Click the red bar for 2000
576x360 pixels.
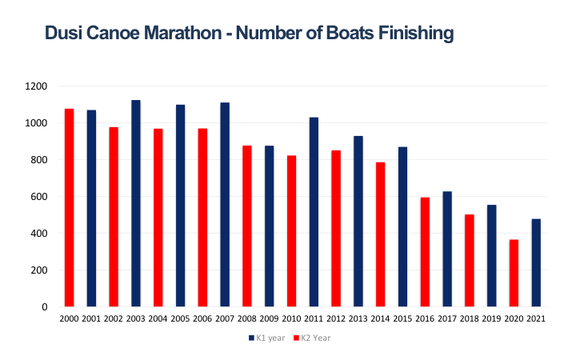(69, 207)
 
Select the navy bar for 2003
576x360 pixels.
(136, 203)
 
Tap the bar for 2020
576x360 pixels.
(514, 273)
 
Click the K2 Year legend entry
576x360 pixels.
(311, 338)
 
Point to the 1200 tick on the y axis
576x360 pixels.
(38, 86)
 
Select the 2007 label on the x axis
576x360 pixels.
(225, 320)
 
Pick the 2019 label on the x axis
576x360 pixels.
(492, 320)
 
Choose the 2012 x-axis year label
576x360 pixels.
(336, 320)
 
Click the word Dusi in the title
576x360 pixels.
(63, 33)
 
